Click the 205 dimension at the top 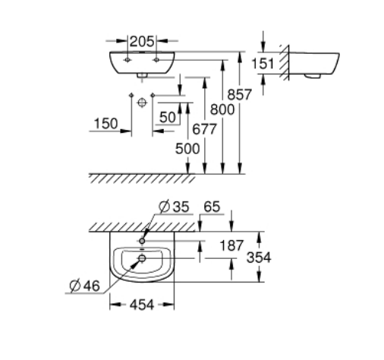[142, 41]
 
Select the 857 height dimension [239, 95]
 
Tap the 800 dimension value [222, 109]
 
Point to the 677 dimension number [204, 129]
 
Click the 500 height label [187, 149]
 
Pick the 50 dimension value [168, 117]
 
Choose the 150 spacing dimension [105, 124]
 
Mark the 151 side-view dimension [263, 63]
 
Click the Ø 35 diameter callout [174, 207]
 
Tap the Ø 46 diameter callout [85, 286]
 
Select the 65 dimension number [212, 207]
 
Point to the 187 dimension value [231, 245]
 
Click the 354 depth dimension [259, 257]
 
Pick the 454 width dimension [142, 305]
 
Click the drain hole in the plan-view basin [142, 258]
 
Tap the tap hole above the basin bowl [142, 241]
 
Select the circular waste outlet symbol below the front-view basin [142, 103]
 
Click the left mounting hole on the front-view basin [127, 60]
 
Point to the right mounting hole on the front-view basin [156, 60]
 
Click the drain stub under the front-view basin [142, 75]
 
